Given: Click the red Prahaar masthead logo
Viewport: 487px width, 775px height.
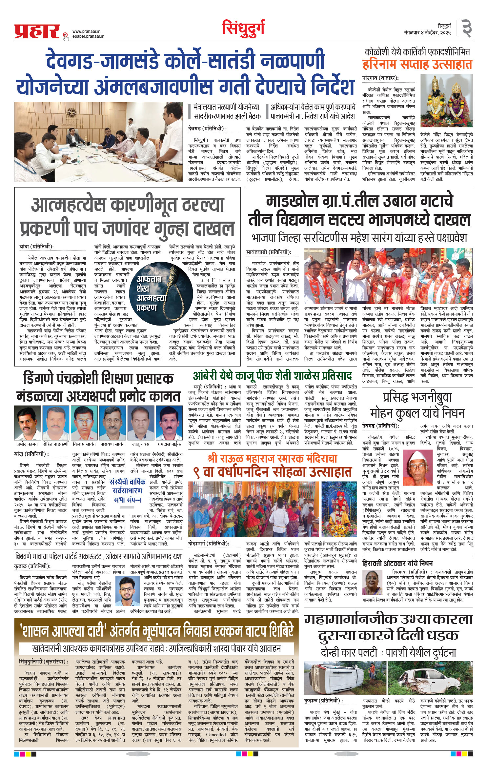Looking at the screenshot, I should point(37,31).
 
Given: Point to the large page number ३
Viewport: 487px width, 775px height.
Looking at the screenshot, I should point(466,29).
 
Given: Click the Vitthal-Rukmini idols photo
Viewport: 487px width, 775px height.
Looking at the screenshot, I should point(446,101).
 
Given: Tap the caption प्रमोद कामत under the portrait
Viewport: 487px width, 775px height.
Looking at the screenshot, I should point(28,444).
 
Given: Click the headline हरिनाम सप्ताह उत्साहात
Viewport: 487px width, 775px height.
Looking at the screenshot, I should point(417,64).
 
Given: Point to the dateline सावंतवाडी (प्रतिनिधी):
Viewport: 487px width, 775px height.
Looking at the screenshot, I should point(273,252).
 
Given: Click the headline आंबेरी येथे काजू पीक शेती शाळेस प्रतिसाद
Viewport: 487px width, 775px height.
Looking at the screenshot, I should point(272,375).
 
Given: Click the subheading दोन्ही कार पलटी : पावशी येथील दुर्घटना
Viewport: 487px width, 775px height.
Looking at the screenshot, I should point(388,652).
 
